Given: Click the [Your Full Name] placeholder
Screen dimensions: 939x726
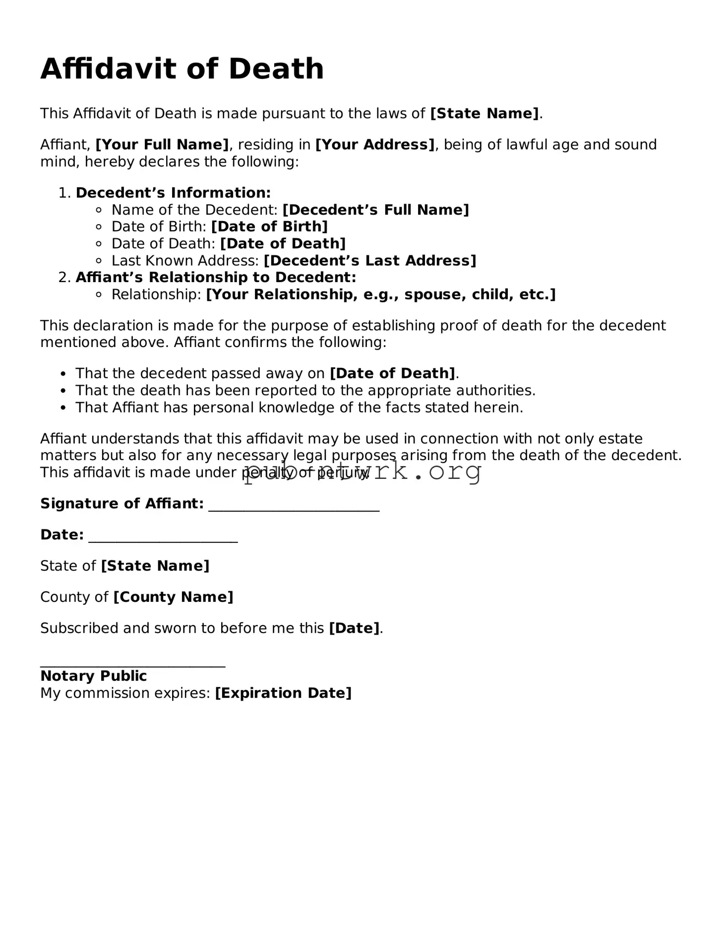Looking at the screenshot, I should (x=162, y=145).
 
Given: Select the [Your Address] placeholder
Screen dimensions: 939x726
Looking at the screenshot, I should (x=375, y=145).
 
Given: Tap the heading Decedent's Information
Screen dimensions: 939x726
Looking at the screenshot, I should (x=173, y=193).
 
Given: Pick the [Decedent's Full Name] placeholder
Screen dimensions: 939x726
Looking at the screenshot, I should (x=375, y=210).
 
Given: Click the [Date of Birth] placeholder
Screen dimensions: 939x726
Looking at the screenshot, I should (x=269, y=227).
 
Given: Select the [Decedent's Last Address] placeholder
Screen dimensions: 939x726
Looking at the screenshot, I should (x=369, y=261).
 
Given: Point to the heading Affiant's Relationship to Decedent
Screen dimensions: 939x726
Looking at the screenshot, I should (x=216, y=277).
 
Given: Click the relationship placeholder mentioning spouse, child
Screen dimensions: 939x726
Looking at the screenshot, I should (x=380, y=294).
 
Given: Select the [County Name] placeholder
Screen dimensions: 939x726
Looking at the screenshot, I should (x=173, y=597).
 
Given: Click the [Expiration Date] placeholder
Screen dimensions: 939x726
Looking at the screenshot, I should (x=283, y=693).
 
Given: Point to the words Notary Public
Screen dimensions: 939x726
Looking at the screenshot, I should (x=93, y=676).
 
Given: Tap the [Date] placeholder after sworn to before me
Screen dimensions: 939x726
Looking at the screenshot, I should (x=354, y=628).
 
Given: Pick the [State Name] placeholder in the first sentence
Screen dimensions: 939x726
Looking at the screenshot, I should (x=484, y=114).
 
